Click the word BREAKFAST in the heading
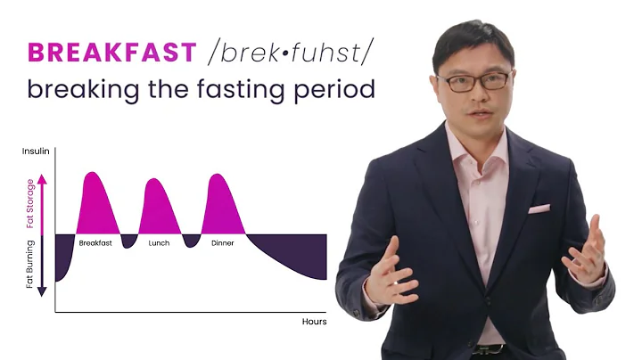pos(111,53)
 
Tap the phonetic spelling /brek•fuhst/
pos(288,53)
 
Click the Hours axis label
pos(314,322)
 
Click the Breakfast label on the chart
pos(95,242)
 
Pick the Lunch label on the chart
pos(160,242)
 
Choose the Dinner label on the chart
pos(223,242)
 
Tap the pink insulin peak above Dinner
pos(223,204)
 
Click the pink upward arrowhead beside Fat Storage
pos(42,177)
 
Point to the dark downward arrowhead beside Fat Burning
pos(42,291)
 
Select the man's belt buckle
pos(488,349)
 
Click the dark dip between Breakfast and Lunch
pos(129,241)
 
